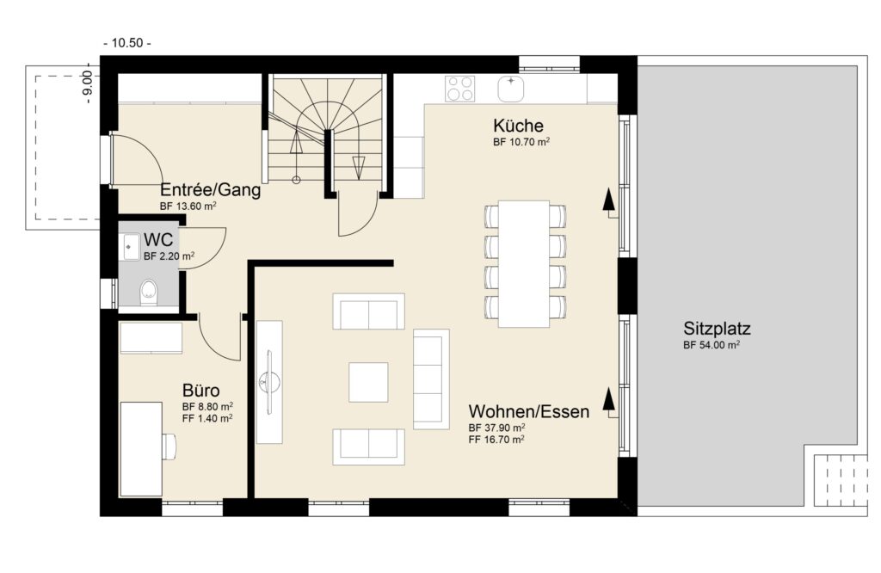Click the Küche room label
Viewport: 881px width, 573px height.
click(518, 126)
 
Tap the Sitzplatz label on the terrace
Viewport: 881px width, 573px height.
click(717, 329)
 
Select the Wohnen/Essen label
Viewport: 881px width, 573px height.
click(529, 412)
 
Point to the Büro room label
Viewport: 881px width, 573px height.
click(200, 391)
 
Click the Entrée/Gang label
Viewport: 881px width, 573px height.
click(210, 190)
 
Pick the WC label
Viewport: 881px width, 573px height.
click(158, 240)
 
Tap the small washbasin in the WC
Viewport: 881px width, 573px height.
click(131, 247)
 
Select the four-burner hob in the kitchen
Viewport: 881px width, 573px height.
click(459, 89)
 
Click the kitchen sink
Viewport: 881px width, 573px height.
click(511, 89)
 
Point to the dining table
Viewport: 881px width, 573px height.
click(524, 263)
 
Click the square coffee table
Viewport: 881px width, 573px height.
click(368, 382)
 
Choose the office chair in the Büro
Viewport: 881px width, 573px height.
click(169, 445)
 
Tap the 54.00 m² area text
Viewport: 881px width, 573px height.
click(711, 346)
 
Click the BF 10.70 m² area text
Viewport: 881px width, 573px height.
click(521, 142)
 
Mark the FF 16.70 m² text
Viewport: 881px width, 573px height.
click(496, 440)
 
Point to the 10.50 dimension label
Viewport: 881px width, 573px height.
click(127, 43)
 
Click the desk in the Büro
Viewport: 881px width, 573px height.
click(141, 449)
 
